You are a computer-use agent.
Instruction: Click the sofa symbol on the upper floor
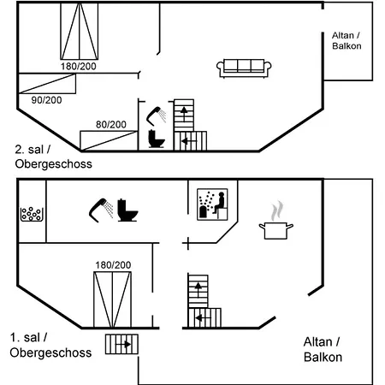click(244, 68)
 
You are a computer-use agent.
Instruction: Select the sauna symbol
click(212, 204)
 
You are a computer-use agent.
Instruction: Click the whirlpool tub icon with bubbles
click(32, 215)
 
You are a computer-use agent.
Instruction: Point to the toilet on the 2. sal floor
click(157, 139)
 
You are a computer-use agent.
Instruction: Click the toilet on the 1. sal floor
click(127, 210)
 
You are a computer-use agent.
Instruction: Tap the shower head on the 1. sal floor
click(101, 210)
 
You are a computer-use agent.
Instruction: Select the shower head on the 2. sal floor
click(157, 116)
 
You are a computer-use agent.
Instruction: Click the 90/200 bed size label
click(46, 100)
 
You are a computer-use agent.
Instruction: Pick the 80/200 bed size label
click(111, 125)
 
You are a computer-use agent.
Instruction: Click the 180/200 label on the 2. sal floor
click(79, 67)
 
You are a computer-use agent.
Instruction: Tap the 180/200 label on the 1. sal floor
click(113, 265)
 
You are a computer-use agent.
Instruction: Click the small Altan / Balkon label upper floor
click(346, 41)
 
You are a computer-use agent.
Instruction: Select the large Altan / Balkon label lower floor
click(323, 349)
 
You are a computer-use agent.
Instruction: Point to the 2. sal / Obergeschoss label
click(53, 157)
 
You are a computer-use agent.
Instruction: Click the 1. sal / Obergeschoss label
click(50, 345)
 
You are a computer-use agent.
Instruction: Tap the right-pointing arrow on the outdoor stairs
click(123, 345)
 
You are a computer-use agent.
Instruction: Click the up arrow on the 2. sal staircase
click(184, 114)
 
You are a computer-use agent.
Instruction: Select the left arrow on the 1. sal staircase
click(204, 317)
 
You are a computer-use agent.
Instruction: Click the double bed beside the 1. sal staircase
click(113, 299)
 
